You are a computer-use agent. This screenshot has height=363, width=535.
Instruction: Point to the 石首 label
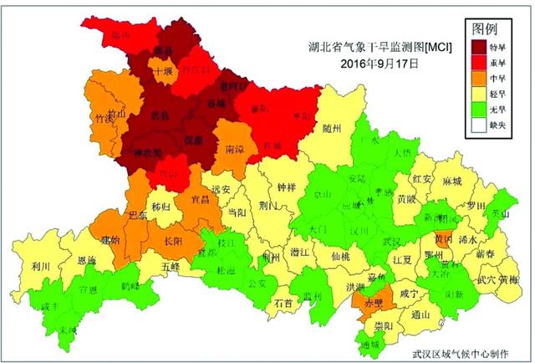click(283, 303)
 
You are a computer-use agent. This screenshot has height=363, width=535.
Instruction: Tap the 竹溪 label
click(105, 120)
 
